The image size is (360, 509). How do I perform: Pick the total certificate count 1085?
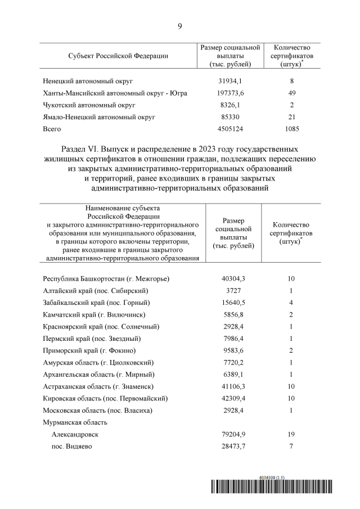[x=292, y=129]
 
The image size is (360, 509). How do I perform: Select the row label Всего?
[x=52, y=129]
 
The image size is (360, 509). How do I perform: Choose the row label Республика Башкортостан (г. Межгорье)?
[x=106, y=278]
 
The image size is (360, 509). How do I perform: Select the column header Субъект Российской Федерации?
[x=118, y=56]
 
